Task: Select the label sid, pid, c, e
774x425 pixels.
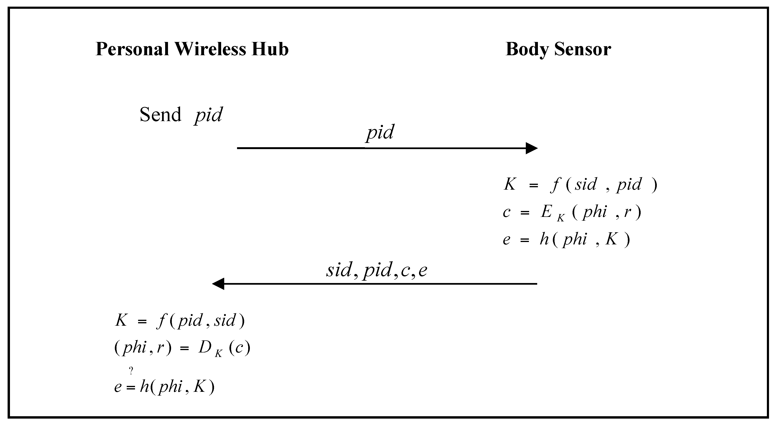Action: pyautogui.click(x=377, y=270)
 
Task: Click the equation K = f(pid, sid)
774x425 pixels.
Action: pyautogui.click(x=180, y=320)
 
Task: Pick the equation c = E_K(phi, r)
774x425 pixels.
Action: pyautogui.click(x=572, y=212)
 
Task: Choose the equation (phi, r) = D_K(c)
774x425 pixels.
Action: pyautogui.click(x=182, y=348)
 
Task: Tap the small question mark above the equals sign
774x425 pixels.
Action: pyautogui.click(x=131, y=371)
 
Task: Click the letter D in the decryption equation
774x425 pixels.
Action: pyautogui.click(x=205, y=347)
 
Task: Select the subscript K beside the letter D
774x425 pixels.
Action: pyautogui.click(x=219, y=354)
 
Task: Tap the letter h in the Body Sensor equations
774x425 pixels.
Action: pyautogui.click(x=544, y=239)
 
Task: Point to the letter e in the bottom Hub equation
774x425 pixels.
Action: pyautogui.click(x=118, y=387)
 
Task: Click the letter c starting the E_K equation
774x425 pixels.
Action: pyautogui.click(x=507, y=212)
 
